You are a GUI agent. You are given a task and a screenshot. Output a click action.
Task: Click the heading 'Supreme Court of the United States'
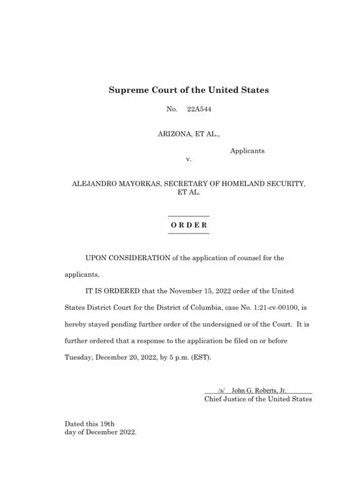[188, 90]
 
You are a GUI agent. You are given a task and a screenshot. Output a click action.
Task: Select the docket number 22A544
[199, 109]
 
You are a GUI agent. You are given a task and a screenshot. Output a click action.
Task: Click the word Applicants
[247, 151]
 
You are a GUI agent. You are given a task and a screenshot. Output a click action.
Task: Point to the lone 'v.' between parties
[188, 159]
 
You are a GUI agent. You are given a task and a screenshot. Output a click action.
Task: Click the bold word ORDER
[189, 225]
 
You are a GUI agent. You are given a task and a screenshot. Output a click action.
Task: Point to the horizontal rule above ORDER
[189, 216]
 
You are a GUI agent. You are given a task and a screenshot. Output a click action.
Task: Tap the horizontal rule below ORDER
[189, 234]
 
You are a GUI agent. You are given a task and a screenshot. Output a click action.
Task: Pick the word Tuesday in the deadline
[78, 357]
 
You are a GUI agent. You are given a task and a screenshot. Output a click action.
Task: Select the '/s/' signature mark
[221, 390]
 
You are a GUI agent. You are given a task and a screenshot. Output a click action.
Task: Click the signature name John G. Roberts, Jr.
[259, 390]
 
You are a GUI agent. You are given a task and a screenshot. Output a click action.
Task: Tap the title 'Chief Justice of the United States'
[258, 399]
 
